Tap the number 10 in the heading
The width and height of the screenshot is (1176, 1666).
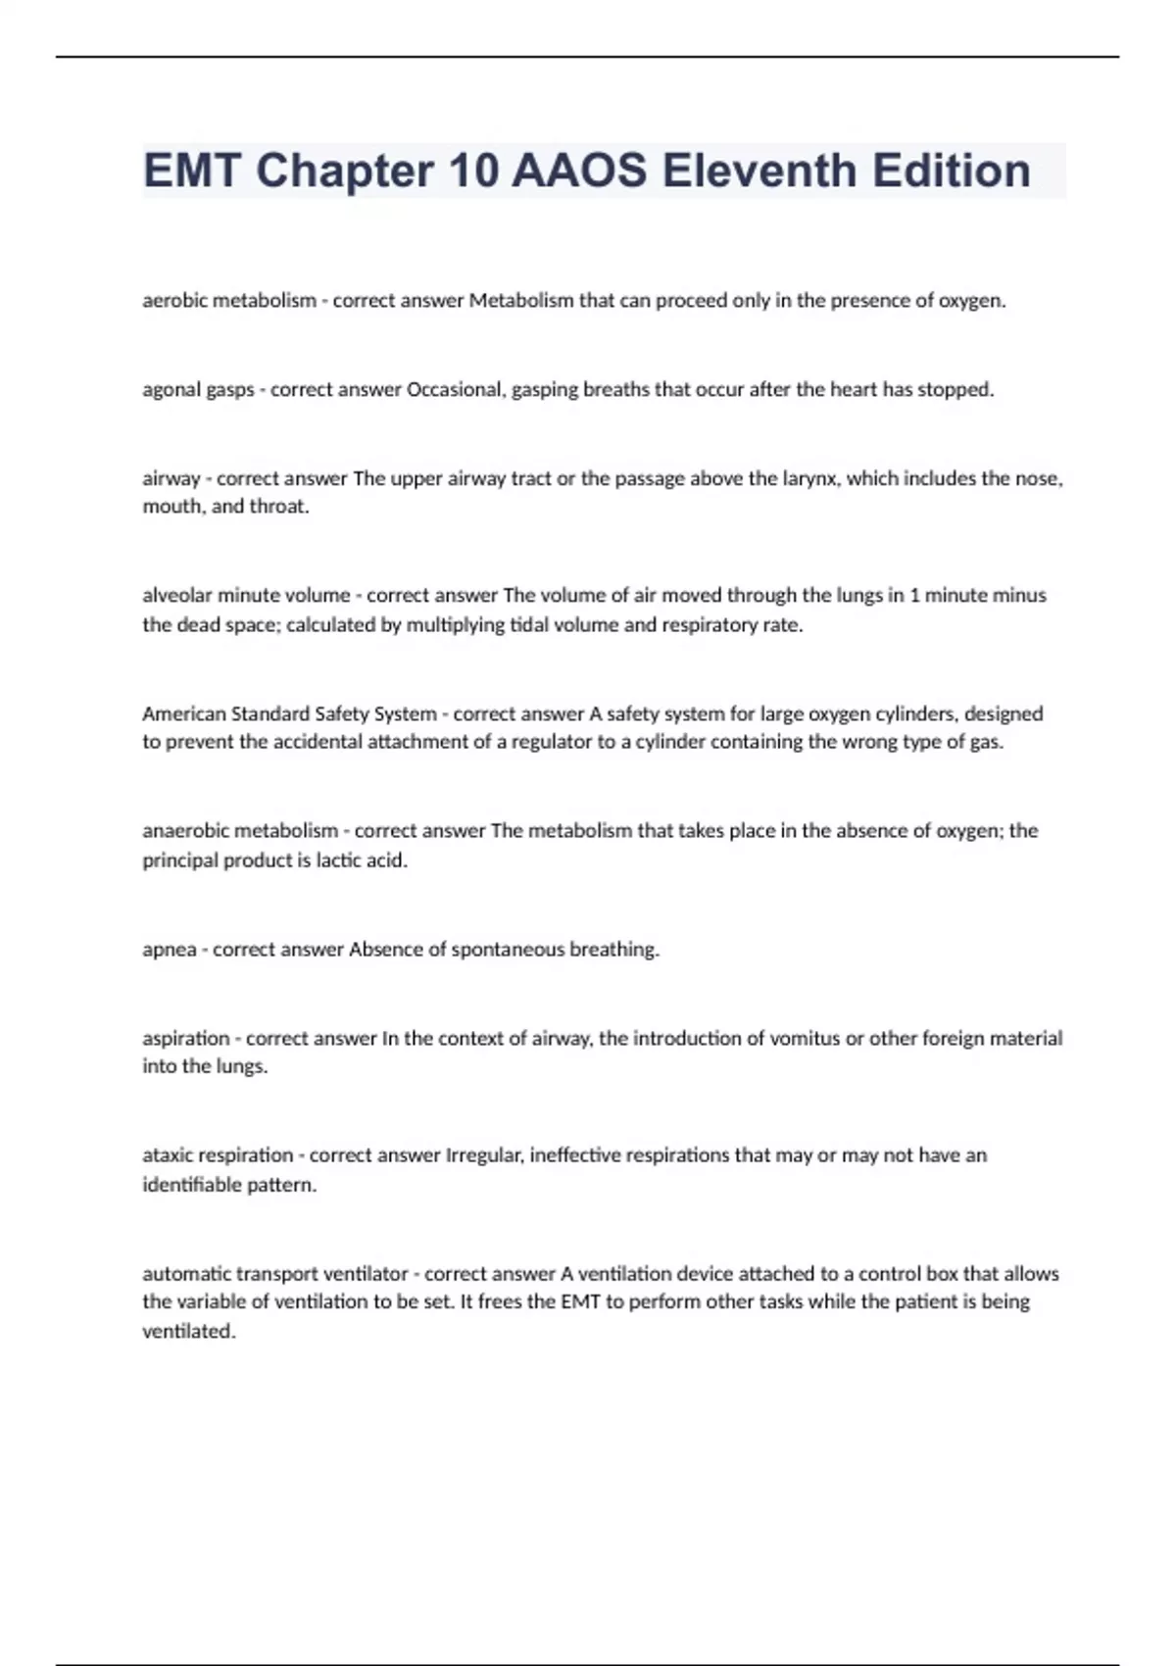(x=473, y=171)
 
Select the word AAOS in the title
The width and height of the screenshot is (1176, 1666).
(x=579, y=171)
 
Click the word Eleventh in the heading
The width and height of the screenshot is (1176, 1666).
(x=759, y=171)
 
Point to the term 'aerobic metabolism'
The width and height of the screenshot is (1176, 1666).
(x=229, y=301)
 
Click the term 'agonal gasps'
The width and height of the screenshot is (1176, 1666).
(x=198, y=390)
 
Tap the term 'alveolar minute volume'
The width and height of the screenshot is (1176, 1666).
(x=246, y=595)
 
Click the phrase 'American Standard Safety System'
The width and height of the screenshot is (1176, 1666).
(x=289, y=713)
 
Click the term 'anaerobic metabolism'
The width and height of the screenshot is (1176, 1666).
(x=240, y=831)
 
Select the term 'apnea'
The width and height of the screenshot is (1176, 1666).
(x=170, y=950)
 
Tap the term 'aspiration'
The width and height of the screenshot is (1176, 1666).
(x=186, y=1038)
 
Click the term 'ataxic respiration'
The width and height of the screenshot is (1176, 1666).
(x=219, y=1155)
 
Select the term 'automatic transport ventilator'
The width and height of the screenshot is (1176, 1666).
(x=275, y=1274)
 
